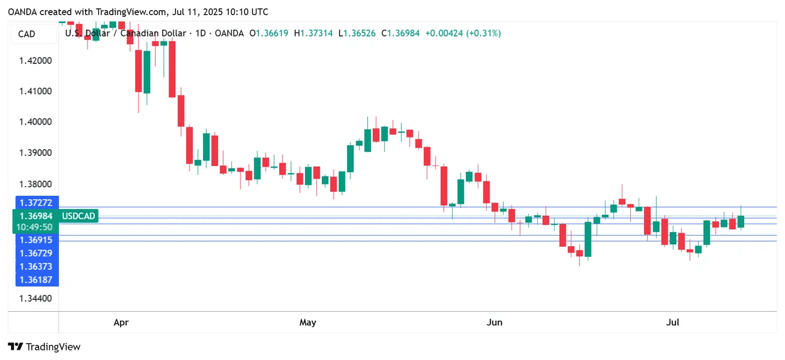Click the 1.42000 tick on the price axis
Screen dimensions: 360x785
point(36,61)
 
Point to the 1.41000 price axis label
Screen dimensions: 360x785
point(36,91)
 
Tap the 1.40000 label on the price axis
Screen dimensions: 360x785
point(36,122)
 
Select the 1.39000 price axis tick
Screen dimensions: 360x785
point(36,153)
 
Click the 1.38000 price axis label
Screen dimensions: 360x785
point(36,184)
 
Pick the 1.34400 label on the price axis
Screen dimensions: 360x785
point(36,298)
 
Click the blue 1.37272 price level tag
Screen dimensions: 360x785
point(36,202)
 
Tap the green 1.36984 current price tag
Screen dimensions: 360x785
point(36,216)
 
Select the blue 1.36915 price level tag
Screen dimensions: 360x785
point(36,239)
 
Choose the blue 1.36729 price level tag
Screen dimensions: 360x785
point(36,253)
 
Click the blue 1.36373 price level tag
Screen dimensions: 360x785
point(36,266)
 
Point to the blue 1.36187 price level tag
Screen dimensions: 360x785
point(36,280)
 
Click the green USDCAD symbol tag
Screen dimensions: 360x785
point(79,216)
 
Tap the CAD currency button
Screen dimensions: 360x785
point(27,34)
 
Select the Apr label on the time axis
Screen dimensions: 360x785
point(121,322)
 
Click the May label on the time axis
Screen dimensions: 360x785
point(308,322)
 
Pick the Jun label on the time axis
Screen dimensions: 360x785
point(494,322)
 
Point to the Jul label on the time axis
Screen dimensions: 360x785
point(672,322)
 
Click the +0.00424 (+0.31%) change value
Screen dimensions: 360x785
point(463,34)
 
